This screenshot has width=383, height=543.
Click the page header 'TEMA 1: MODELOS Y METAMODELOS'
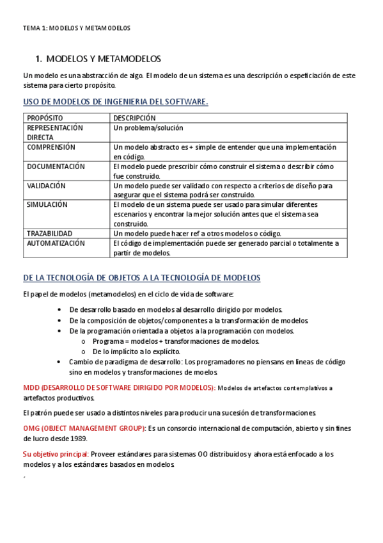tap(76, 28)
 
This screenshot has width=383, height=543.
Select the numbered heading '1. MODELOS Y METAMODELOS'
tap(98, 59)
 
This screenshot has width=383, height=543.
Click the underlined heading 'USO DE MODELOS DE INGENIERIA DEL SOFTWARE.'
tap(115, 102)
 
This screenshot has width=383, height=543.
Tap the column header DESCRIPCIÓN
tap(134, 118)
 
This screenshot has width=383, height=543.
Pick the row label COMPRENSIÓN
tap(51, 147)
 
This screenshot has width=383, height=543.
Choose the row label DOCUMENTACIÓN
tap(56, 166)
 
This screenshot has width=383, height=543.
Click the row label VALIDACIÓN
tap(47, 185)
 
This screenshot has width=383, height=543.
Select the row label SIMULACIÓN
tap(47, 204)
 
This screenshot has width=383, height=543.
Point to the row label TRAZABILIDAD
tap(50, 233)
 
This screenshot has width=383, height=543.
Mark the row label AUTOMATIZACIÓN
tap(56, 243)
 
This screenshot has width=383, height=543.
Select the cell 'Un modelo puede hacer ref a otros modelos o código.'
tap(197, 233)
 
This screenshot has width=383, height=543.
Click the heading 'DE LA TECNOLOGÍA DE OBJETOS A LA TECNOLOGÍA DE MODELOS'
tap(141, 278)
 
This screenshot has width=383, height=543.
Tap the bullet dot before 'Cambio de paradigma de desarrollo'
tap(59, 362)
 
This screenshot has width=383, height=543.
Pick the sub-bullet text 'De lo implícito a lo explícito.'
tap(136, 351)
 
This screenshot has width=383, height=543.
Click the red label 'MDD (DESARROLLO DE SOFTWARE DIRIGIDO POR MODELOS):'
tap(120, 387)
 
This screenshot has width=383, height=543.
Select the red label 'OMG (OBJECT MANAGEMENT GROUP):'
tap(84, 428)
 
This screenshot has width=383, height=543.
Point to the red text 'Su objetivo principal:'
tap(56, 454)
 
